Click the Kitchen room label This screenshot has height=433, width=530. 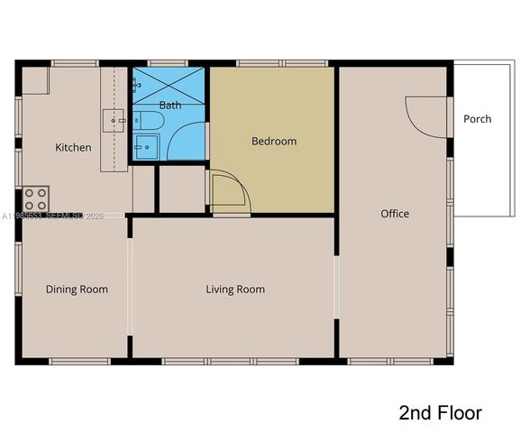tap(73, 147)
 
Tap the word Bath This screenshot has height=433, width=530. tap(170, 106)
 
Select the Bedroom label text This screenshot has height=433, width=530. tap(273, 142)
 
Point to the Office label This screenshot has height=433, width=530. tap(395, 214)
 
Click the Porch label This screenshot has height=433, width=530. tap(477, 119)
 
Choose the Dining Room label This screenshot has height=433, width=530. tap(77, 290)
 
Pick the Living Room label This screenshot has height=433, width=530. tap(235, 290)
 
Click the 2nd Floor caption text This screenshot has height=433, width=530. tap(440, 413)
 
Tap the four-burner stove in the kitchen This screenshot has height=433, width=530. tap(36, 198)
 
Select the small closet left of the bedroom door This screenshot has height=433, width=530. tap(182, 189)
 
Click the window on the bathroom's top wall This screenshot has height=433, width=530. tap(170, 63)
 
